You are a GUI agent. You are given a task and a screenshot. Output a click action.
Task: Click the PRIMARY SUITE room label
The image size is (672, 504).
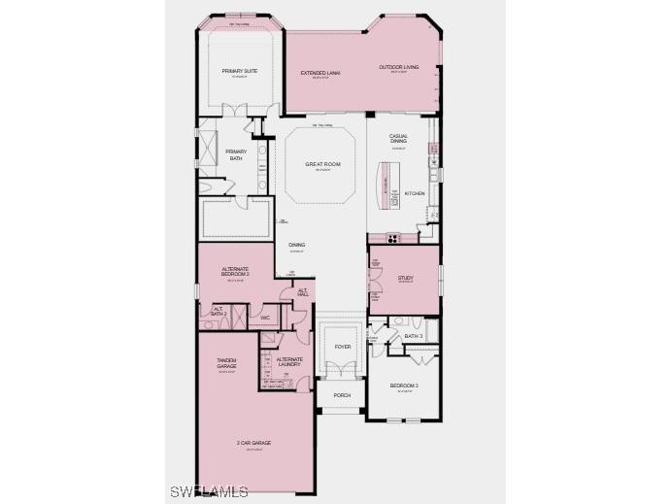pos(239,71)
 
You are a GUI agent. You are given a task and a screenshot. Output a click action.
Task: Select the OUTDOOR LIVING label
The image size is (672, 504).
pos(398,67)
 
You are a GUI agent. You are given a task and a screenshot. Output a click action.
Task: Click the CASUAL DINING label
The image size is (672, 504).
pos(398,139)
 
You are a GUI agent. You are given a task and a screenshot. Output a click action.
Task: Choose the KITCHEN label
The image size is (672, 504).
pos(415,193)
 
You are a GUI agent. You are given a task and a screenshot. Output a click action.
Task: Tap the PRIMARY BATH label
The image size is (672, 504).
pos(236,154)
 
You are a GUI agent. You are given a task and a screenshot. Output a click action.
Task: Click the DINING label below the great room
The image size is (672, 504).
pos(296,245)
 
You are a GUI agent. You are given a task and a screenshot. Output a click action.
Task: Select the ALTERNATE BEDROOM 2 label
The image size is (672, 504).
pos(235,271)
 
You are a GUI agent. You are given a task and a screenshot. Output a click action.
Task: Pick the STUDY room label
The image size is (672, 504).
pos(405,278)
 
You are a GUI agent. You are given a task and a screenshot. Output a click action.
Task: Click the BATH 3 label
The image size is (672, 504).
pos(414,336)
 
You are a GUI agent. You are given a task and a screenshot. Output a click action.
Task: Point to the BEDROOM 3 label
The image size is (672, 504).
pos(404,386)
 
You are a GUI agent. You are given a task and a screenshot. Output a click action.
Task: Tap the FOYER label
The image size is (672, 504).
pos(343,346)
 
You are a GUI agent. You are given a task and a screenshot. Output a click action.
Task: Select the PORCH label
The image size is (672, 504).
pos(342,395)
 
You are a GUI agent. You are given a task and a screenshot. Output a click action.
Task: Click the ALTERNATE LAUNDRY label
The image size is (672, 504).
pos(289,361)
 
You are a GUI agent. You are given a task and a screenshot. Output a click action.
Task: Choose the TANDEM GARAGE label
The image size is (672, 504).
pos(227,362)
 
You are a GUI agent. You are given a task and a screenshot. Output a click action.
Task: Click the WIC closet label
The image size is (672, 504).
pos(264,317)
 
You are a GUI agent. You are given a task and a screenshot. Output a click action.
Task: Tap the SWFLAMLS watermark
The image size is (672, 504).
pos(209,490)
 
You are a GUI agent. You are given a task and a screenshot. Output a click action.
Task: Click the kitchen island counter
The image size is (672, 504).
pos(385,184)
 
